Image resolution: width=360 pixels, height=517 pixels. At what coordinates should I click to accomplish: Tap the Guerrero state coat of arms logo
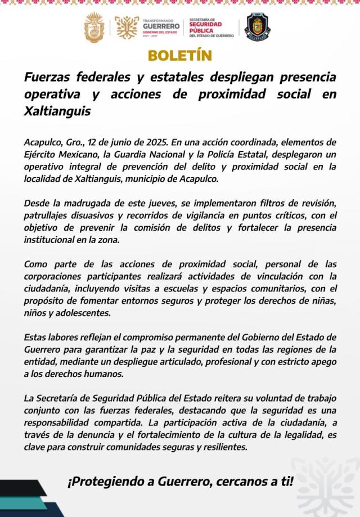pos(94,26)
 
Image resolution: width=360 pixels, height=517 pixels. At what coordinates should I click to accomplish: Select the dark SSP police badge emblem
pos(258,26)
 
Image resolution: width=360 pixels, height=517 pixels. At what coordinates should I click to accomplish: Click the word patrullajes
pos(48,215)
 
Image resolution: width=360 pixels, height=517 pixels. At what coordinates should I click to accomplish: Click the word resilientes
pos(220,447)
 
